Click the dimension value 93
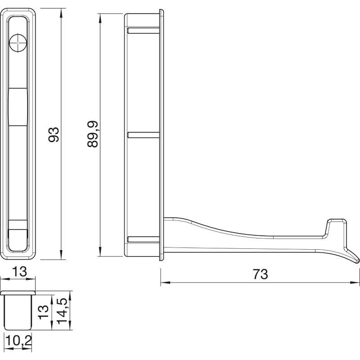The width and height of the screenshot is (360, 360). point(54,135)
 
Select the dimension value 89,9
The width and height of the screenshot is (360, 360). point(93,134)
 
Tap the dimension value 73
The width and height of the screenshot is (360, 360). point(261,274)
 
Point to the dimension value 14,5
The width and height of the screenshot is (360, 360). point(62,311)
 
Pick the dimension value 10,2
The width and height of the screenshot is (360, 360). point(18,341)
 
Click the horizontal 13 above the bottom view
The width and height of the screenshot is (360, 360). point(19,272)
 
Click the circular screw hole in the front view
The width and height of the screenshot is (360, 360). point(18,43)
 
